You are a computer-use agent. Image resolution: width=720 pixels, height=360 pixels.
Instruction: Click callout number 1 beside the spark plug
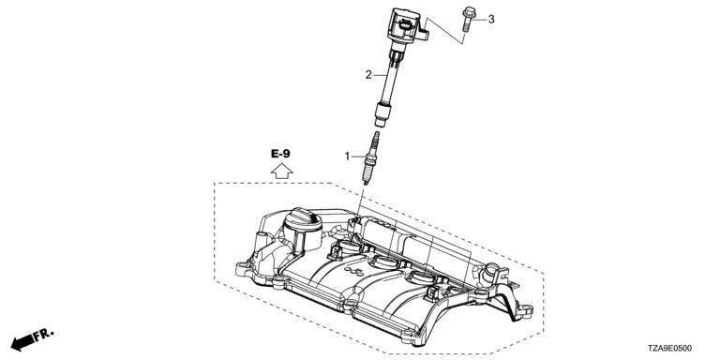pyautogui.click(x=348, y=157)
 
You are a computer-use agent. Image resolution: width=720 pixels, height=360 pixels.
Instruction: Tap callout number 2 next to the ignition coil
pyautogui.click(x=368, y=74)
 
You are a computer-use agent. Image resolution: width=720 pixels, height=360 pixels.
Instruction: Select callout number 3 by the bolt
pyautogui.click(x=491, y=20)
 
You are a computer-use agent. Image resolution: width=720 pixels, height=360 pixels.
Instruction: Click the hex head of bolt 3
pyautogui.click(x=470, y=12)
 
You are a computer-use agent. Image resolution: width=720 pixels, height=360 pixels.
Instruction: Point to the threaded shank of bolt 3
pyautogui.click(x=467, y=24)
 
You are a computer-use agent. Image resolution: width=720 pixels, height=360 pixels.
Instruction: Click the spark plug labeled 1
pyautogui.click(x=370, y=158)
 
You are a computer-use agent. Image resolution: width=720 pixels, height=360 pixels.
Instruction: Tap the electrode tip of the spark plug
pyautogui.click(x=365, y=183)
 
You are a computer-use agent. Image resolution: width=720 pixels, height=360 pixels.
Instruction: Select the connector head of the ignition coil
pyautogui.click(x=405, y=25)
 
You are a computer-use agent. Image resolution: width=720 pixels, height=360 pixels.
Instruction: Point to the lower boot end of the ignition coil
pyautogui.click(x=382, y=113)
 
